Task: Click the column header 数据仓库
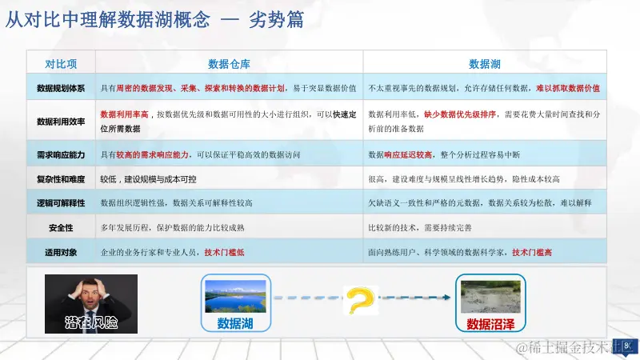tap(230, 64)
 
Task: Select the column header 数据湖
tap(485, 64)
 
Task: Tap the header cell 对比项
tap(61, 64)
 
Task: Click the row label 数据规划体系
tap(61, 87)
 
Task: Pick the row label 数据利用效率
tap(61, 121)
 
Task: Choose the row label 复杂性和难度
tap(61, 179)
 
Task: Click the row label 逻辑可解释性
tap(61, 203)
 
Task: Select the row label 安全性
tap(61, 228)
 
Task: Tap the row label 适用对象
tap(61, 252)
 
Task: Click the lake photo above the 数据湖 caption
tap(236, 295)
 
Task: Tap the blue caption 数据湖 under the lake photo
tap(236, 323)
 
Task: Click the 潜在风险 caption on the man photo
tap(90, 322)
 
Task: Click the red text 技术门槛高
tap(532, 252)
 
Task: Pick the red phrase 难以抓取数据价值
tap(568, 87)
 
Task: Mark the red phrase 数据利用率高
tap(124, 114)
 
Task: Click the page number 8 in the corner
tap(627, 346)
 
